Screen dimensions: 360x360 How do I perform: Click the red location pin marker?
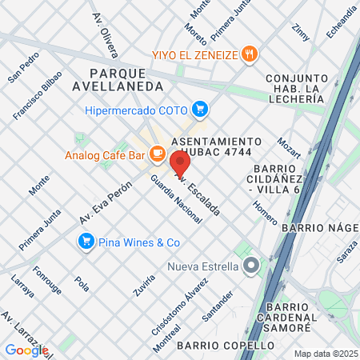pos(179,164)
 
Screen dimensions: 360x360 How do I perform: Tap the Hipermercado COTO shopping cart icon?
pos(200,109)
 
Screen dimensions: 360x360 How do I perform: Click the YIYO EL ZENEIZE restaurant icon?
pos(251,55)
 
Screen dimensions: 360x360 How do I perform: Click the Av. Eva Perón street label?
pos(105,207)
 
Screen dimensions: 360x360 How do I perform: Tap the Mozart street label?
pos(289,147)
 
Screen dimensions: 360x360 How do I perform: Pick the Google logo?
pos(26,350)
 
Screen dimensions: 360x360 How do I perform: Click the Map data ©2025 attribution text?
pos(326,354)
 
